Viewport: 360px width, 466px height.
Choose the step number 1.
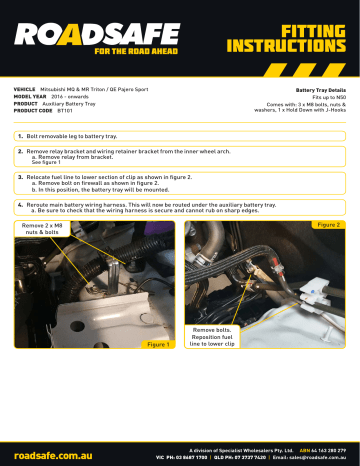(x=20, y=133)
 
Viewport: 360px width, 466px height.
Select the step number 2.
(x=20, y=150)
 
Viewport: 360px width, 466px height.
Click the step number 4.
(x=20, y=203)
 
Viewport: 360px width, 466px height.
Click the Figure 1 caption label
(x=157, y=343)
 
